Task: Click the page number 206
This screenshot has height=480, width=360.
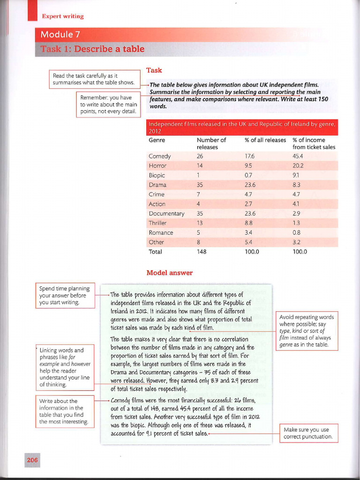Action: point(32,460)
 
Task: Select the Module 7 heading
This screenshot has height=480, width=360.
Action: point(57,35)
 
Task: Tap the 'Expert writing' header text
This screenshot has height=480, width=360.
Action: point(63,16)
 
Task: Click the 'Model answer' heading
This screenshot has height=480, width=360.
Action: point(169,272)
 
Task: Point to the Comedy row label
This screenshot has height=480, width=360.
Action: point(159,156)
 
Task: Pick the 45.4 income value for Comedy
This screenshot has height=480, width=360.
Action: point(298,156)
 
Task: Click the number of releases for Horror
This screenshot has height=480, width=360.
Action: point(200,165)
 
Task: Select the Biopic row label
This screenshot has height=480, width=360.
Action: point(157,175)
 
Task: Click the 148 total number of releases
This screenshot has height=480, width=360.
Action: point(202,252)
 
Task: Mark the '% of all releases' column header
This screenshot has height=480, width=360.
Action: point(265,140)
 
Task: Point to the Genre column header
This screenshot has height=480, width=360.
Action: point(157,140)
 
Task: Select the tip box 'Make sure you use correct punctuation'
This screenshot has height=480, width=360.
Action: point(308,433)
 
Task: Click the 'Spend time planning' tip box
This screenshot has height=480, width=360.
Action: point(65,295)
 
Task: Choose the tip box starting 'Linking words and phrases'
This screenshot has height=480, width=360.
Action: point(65,367)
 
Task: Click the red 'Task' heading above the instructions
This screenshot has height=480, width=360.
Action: point(154,70)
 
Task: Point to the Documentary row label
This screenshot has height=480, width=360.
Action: point(166,213)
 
